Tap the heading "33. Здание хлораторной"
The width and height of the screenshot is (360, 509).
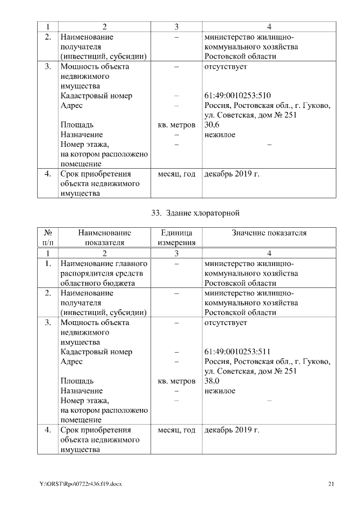click(196, 213)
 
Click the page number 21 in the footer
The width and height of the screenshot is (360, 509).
click(331, 484)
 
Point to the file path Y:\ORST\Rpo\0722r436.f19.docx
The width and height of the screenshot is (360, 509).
click(80, 484)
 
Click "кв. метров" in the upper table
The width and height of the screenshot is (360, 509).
click(176, 125)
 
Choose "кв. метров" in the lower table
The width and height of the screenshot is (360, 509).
click(176, 381)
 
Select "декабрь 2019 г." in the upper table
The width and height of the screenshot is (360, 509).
click(232, 174)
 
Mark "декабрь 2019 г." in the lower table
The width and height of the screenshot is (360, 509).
click(232, 430)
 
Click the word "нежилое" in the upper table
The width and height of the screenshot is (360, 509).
click(220, 135)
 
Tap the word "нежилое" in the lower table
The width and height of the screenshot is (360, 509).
click(220, 391)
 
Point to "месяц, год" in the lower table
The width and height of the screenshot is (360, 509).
click(176, 430)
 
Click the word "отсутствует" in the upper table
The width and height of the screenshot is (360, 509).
click(226, 66)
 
